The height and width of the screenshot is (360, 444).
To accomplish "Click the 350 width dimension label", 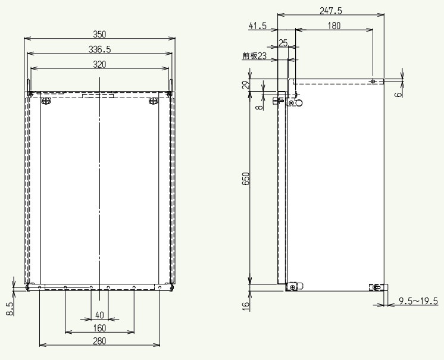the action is pos(99,35).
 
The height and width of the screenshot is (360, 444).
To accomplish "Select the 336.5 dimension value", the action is pos(99,49).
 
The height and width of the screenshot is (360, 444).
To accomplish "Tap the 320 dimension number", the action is pos(99,64).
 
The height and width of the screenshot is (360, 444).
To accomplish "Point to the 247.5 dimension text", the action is pos(331,11).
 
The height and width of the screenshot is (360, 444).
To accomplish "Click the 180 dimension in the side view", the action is pos(334,26).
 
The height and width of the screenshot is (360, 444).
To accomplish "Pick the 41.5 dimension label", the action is pos(258,26).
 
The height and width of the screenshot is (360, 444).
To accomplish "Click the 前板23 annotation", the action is pos(255,56).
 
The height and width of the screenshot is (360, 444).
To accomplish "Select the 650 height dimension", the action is pos(246,179).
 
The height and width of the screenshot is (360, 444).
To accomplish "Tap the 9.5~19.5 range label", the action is pos(418,301).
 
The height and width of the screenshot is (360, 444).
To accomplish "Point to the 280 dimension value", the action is pos(99,341).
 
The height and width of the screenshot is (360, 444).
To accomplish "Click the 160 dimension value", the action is pos(99,328).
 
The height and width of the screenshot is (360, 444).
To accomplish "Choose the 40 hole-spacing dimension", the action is pos(99,315).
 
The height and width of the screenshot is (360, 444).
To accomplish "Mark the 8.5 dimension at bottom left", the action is pos(10,309).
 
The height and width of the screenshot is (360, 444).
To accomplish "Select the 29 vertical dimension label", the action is pos(246,85).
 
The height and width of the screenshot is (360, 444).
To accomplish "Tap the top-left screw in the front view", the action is pos(46,101).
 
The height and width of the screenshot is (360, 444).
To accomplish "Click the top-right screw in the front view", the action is pos(153,101).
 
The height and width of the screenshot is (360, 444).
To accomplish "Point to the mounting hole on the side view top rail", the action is pos(373,82).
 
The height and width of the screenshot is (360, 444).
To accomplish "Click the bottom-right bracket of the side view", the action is pos(379,287).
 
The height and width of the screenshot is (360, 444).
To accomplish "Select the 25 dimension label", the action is pos(283,43).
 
